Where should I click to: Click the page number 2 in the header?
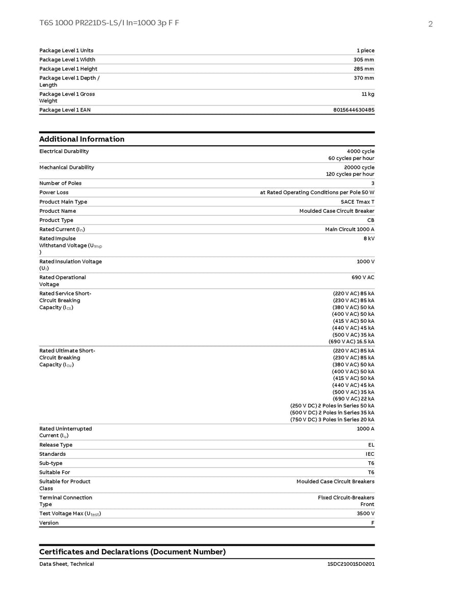[x=430, y=24]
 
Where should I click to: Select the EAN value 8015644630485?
[x=354, y=110]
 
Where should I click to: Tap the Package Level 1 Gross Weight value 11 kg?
[x=368, y=94]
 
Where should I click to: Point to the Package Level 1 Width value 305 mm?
[x=364, y=60]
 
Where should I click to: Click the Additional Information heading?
[x=81, y=139]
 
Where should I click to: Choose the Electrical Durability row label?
[x=64, y=151]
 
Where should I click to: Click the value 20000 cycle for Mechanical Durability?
[x=359, y=167]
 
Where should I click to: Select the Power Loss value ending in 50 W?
[x=317, y=192]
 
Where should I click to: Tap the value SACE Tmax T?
[x=357, y=202]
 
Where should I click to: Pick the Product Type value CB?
[x=371, y=220]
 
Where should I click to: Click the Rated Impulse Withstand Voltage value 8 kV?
[x=368, y=238]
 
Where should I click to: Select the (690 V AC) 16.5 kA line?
[x=351, y=342]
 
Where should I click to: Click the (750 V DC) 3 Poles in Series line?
[x=332, y=420]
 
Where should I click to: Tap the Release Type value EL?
[x=371, y=445]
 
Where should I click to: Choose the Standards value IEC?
[x=370, y=454]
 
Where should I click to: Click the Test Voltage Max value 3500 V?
[x=366, y=514]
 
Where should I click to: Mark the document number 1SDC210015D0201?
[x=351, y=564]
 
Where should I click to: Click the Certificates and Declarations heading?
[x=132, y=552]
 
